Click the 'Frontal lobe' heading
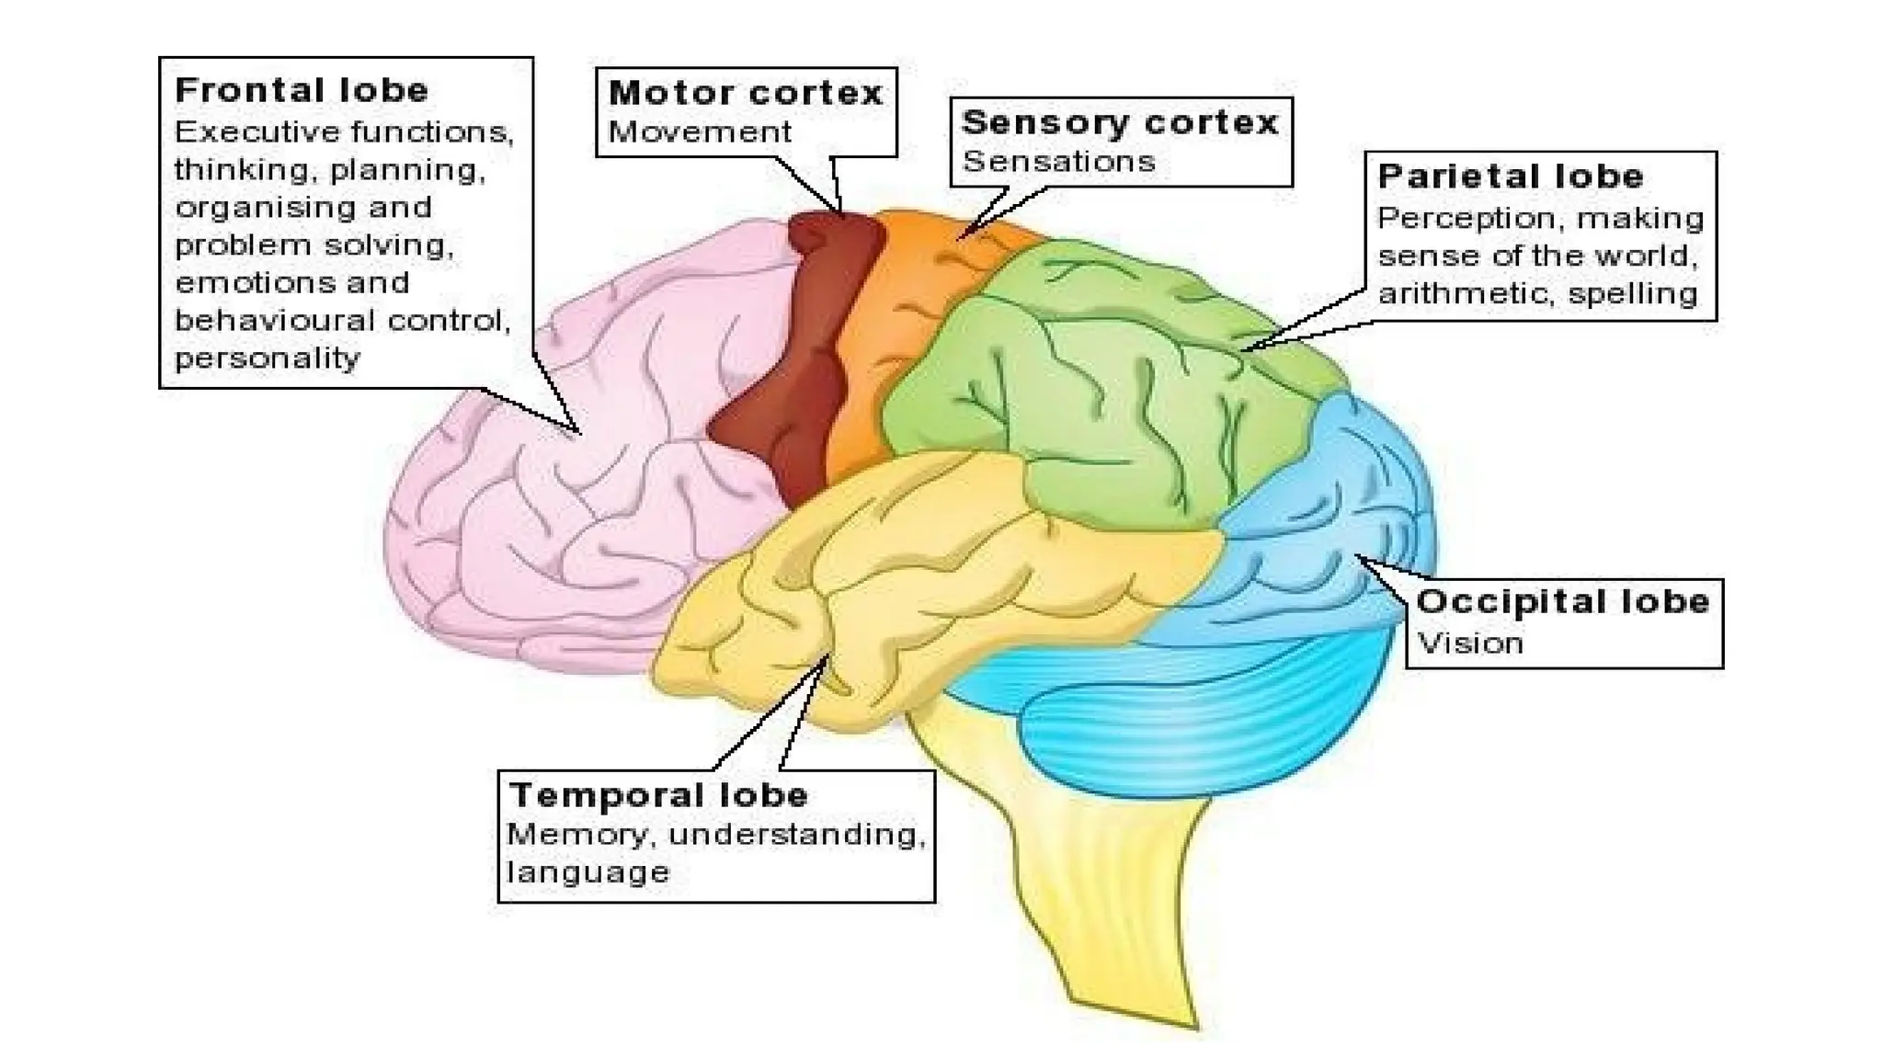tap(302, 90)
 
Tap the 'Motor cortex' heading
tap(746, 93)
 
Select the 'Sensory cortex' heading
tap(1120, 122)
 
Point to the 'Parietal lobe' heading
tap(1511, 176)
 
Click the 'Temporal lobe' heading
tap(658, 795)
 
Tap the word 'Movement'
tap(700, 131)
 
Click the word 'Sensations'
tap(1058, 162)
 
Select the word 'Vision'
tap(1470, 643)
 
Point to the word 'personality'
tap(267, 358)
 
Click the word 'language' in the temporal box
tap(588, 872)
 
